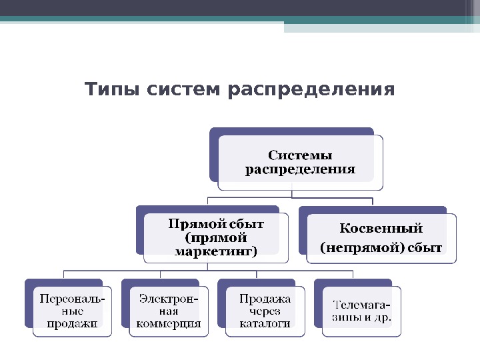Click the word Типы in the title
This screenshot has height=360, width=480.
[x=109, y=89]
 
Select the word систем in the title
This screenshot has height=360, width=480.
[x=180, y=89]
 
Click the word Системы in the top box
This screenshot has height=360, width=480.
[x=300, y=156]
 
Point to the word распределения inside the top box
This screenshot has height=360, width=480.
[x=300, y=169]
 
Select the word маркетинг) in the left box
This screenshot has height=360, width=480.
[x=216, y=251]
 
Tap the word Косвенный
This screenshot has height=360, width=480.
[x=381, y=229]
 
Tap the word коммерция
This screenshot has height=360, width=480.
[x=168, y=324]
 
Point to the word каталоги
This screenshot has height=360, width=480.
[x=265, y=324]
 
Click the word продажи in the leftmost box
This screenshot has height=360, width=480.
[x=72, y=324]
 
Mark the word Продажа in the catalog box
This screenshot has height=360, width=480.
[x=265, y=299]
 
